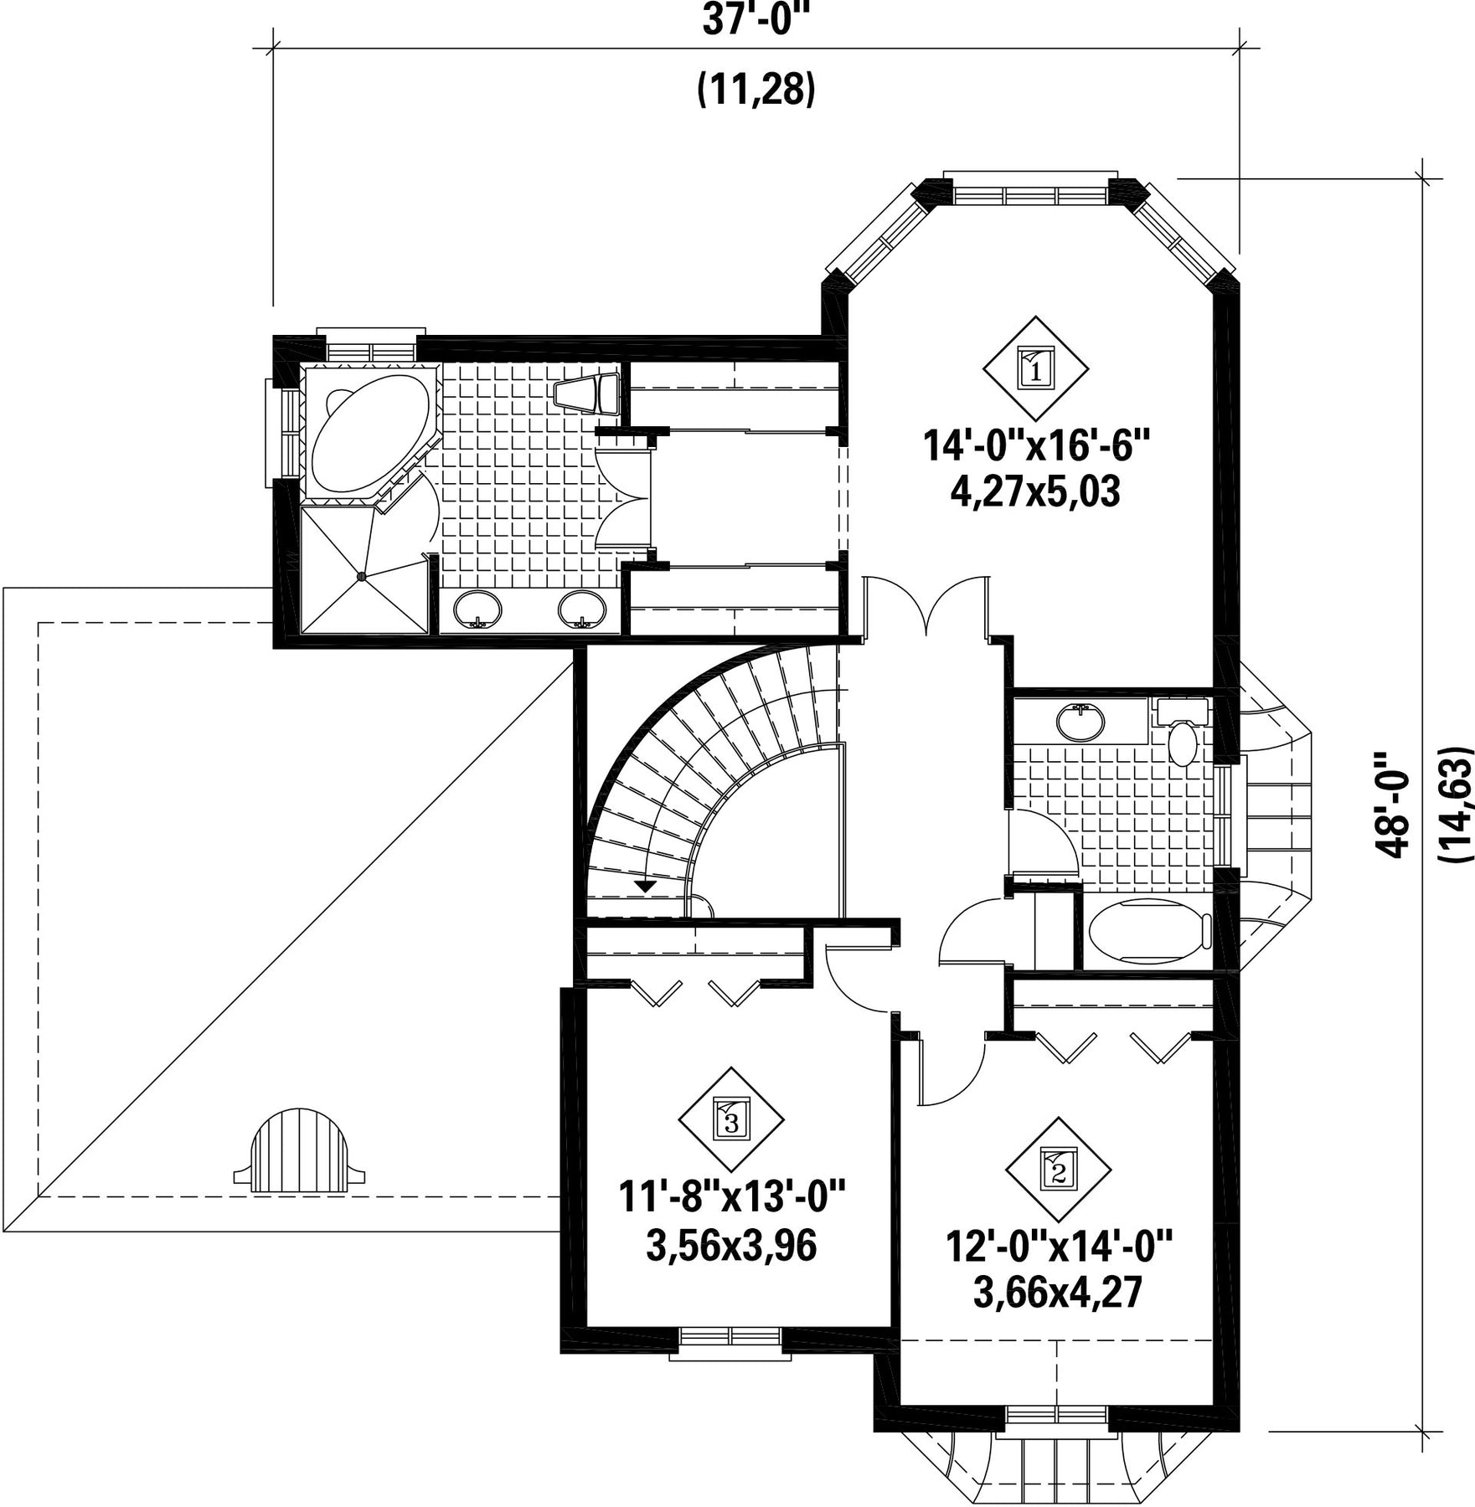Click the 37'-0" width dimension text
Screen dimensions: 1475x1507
click(x=756, y=21)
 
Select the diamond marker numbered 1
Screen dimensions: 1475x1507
click(x=1035, y=368)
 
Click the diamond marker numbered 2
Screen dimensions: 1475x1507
click(x=1058, y=1169)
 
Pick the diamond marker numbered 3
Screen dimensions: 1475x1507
click(x=730, y=1119)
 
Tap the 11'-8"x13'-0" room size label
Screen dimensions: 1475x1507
click(x=732, y=1196)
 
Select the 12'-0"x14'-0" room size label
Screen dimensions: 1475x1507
click(x=1059, y=1246)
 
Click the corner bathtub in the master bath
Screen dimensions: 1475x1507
click(x=369, y=434)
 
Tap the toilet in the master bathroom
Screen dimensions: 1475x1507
click(x=586, y=393)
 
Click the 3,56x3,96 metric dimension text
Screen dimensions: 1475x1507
click(x=731, y=1246)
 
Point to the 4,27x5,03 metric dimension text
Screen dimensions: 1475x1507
click(x=1035, y=492)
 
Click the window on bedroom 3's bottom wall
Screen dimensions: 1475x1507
click(x=730, y=1341)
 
